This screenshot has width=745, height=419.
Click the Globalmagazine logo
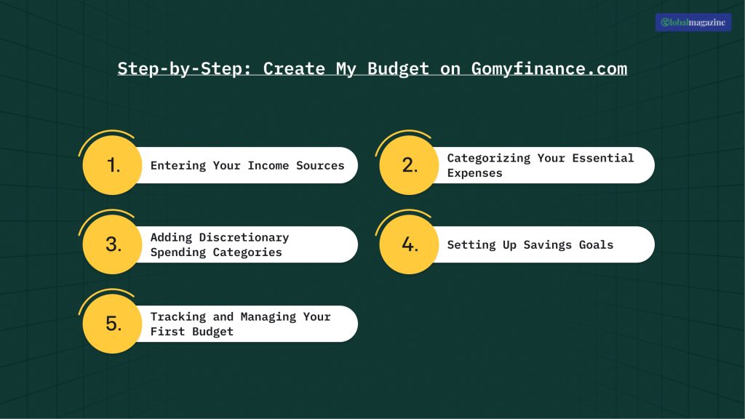[x=693, y=23]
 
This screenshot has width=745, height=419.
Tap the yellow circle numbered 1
[x=112, y=165]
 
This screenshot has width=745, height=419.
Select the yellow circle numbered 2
[x=409, y=165]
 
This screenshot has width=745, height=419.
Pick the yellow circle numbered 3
[x=112, y=244]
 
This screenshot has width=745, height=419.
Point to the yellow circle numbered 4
[x=409, y=244]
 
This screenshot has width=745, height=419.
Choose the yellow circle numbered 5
[x=112, y=324]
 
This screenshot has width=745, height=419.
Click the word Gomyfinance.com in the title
[x=549, y=69]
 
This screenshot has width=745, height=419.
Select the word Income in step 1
[x=268, y=166]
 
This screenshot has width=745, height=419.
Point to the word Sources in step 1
[x=320, y=166]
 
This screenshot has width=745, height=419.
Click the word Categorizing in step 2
[x=489, y=158]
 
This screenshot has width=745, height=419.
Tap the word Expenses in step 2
[x=474, y=173]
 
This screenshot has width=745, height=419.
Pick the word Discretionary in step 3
[x=244, y=237]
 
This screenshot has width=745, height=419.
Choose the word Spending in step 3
[x=178, y=252]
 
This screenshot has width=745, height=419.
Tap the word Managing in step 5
[x=268, y=316]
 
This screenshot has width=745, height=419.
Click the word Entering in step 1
[x=178, y=166]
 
